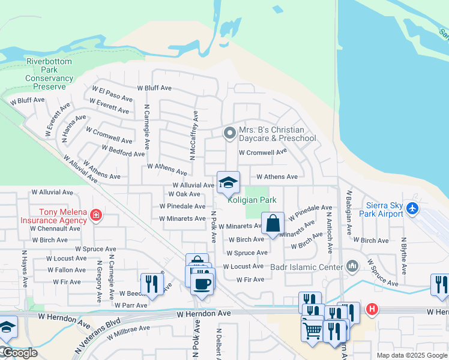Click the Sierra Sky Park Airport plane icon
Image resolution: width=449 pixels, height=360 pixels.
(x=412, y=208)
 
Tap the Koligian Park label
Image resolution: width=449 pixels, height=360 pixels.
(x=252, y=200)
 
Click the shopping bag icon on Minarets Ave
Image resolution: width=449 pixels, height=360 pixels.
(x=273, y=224)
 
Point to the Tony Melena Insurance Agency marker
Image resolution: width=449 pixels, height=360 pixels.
(x=95, y=215)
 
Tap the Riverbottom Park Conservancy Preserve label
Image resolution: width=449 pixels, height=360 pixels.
(x=49, y=74)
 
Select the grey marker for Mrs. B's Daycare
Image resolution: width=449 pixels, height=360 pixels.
(x=229, y=133)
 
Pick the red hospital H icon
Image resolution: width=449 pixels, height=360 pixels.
(x=372, y=310)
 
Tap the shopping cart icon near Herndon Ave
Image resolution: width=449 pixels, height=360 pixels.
(x=312, y=329)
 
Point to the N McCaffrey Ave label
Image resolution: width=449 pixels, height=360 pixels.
(x=193, y=135)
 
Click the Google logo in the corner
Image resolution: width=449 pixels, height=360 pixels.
(x=19, y=353)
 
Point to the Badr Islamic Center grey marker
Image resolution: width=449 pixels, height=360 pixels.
(x=352, y=265)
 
